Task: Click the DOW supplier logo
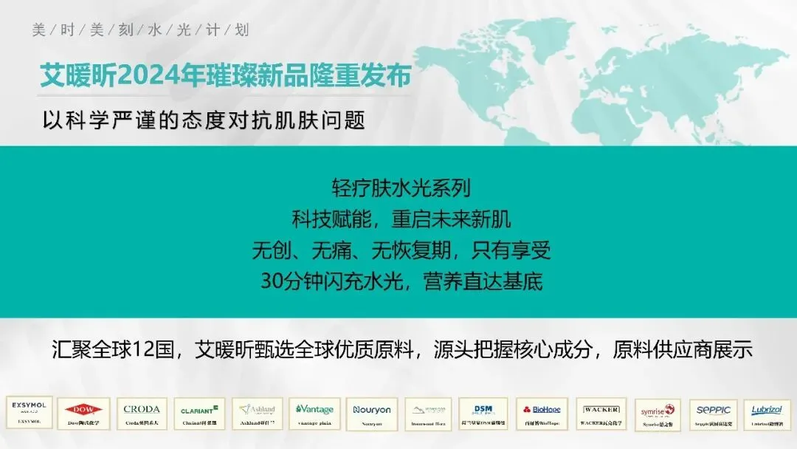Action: point(83,414)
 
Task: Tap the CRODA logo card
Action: point(141,414)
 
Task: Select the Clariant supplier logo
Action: point(199,414)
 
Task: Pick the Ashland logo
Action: point(257,414)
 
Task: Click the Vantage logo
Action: point(314,414)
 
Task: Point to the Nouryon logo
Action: point(371,414)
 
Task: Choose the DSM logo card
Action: point(483,414)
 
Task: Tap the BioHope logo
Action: point(541,414)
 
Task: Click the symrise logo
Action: point(657,414)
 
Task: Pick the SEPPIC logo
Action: point(713,414)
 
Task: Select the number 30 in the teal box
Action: point(272,281)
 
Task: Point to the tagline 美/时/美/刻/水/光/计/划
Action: point(140,30)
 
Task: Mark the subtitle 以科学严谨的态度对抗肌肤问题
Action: point(204,120)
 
